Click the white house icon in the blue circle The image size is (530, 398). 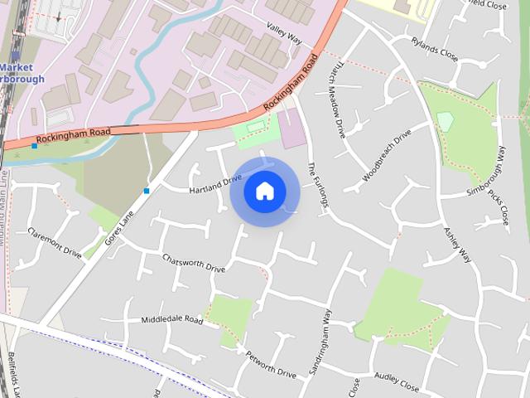click(x=264, y=192)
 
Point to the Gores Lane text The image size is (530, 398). click(x=118, y=227)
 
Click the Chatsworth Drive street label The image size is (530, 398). click(x=194, y=262)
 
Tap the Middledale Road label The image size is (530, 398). click(x=171, y=319)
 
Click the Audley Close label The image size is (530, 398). click(x=397, y=381)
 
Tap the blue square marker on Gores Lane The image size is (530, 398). click(x=147, y=191)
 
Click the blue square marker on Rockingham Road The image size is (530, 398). click(x=34, y=146)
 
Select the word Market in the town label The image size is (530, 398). click(x=17, y=67)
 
